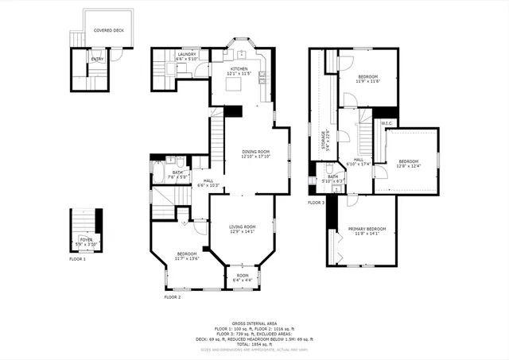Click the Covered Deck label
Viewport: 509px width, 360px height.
[109, 31]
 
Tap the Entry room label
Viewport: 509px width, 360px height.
[97, 59]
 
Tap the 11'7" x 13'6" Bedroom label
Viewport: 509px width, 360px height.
[188, 255]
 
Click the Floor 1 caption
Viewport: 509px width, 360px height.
[77, 259]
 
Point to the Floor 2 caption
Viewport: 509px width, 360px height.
[173, 296]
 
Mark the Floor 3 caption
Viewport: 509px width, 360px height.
[316, 203]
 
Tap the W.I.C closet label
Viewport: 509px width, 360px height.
[389, 123]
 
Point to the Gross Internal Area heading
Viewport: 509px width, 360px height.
[253, 323]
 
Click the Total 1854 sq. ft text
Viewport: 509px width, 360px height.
[253, 343]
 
